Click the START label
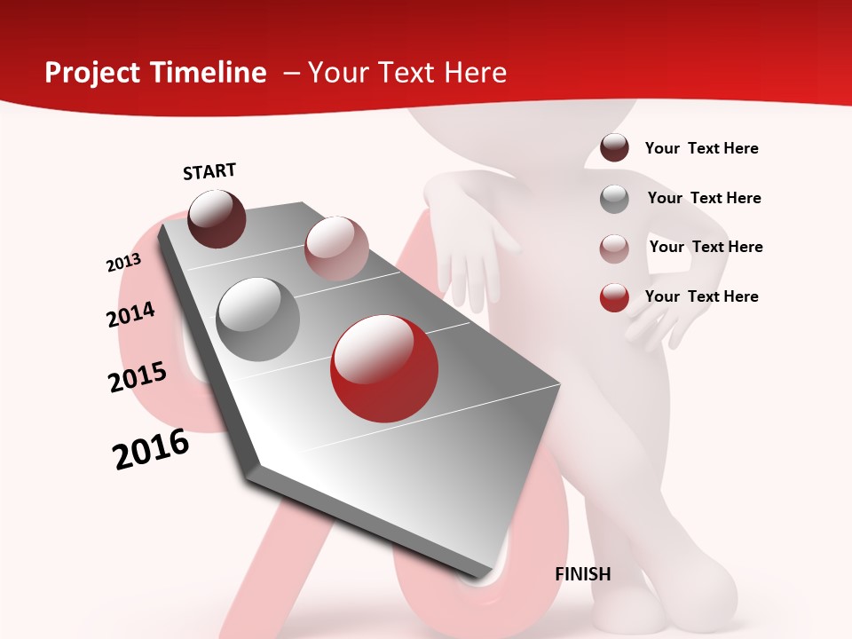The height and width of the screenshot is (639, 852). pos(209,171)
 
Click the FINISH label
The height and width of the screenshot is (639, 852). pos(583,574)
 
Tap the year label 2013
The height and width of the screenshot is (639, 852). pos(123,263)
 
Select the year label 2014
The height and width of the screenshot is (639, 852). pos(130,314)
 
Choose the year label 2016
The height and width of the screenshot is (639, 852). pos(151,449)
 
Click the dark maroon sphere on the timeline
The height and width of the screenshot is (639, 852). pos(217,219)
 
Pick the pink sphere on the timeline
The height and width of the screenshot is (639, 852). pos(336,248)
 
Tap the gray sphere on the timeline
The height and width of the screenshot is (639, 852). pos(258,319)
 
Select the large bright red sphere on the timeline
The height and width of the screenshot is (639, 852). pos(384,368)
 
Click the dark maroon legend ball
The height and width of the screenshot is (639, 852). pos(614,148)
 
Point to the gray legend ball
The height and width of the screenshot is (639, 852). pos(614,199)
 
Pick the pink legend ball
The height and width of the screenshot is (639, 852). pos(614,248)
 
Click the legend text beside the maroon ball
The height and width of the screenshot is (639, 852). pos(701,148)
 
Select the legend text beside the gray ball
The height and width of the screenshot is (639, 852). pos(704,198)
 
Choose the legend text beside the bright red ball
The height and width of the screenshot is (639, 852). pos(701,296)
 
